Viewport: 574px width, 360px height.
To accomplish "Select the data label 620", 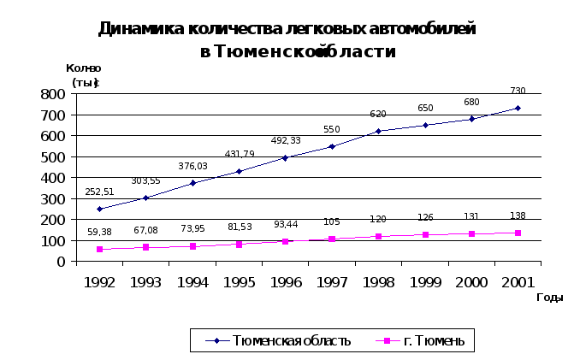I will tap(378, 114).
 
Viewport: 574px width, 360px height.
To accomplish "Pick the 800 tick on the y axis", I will tap(54, 94).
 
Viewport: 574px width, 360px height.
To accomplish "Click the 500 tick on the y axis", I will tap(54, 156).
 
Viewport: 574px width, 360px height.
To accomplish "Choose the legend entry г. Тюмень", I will tap(434, 341).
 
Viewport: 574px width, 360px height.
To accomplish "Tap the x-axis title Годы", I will tap(549, 297).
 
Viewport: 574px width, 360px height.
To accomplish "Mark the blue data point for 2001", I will tap(518, 109).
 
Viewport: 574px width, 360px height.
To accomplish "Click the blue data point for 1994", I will tap(192, 183).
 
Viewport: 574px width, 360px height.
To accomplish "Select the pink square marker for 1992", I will tap(99, 250).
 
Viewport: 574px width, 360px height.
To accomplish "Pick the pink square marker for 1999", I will tap(424, 235).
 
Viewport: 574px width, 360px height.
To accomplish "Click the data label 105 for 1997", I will tap(332, 222).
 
